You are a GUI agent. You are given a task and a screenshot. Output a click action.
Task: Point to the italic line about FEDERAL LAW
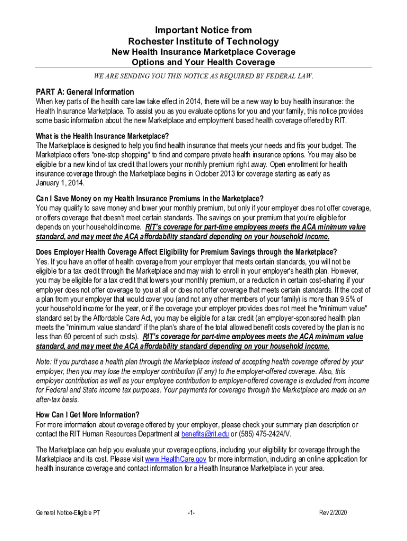coord(203,76)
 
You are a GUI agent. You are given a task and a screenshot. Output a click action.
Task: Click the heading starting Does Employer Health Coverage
coord(186,251)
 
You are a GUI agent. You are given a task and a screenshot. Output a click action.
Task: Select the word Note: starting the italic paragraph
coord(44,362)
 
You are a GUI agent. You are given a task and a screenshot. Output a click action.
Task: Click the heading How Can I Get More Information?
coord(88,415)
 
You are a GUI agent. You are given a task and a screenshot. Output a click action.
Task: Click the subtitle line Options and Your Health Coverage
coord(203,62)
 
